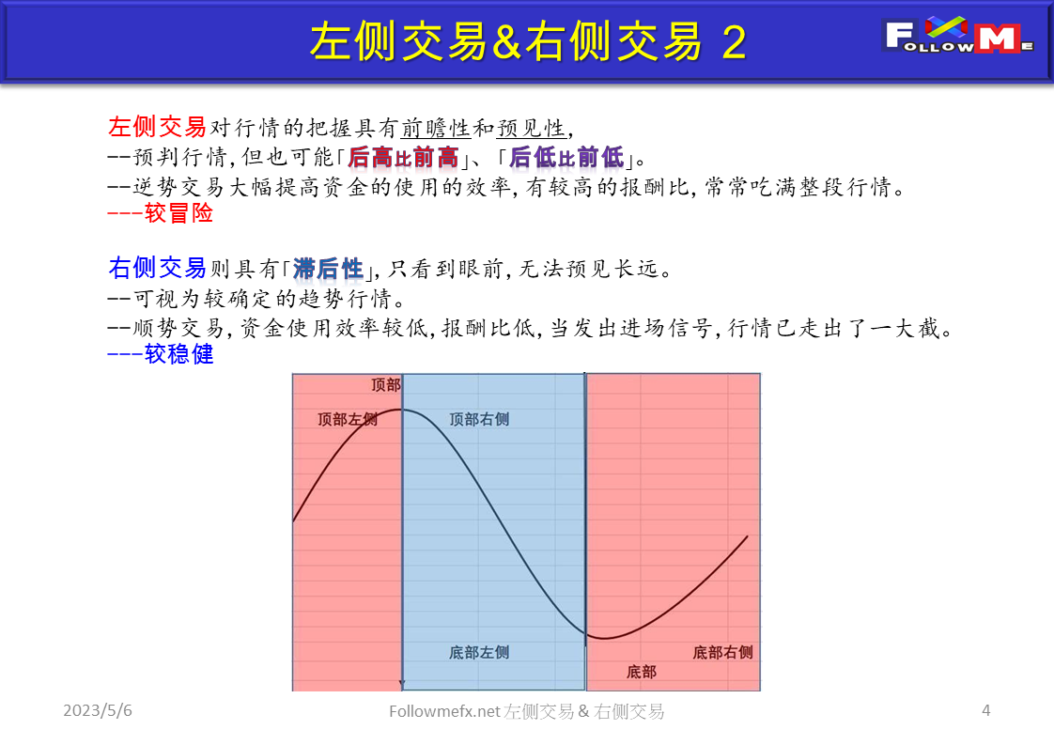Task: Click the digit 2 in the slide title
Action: [735, 42]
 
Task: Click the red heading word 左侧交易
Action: [157, 127]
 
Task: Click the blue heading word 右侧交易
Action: [157, 269]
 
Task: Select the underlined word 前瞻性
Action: [435, 129]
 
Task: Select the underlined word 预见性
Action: [531, 129]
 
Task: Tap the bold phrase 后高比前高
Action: [403, 157]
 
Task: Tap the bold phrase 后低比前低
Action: [566, 157]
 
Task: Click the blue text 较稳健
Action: [178, 354]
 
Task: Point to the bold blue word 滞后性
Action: [328, 270]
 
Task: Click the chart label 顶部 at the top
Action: [385, 385]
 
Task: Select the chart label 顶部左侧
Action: [348, 419]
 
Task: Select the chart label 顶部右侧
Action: [479, 419]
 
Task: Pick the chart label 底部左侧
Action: [479, 652]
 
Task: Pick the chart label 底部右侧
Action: [722, 652]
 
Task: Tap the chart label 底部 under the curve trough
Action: [641, 672]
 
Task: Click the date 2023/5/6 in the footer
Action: [98, 711]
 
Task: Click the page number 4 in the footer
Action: [986, 711]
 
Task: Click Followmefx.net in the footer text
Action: [444, 712]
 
